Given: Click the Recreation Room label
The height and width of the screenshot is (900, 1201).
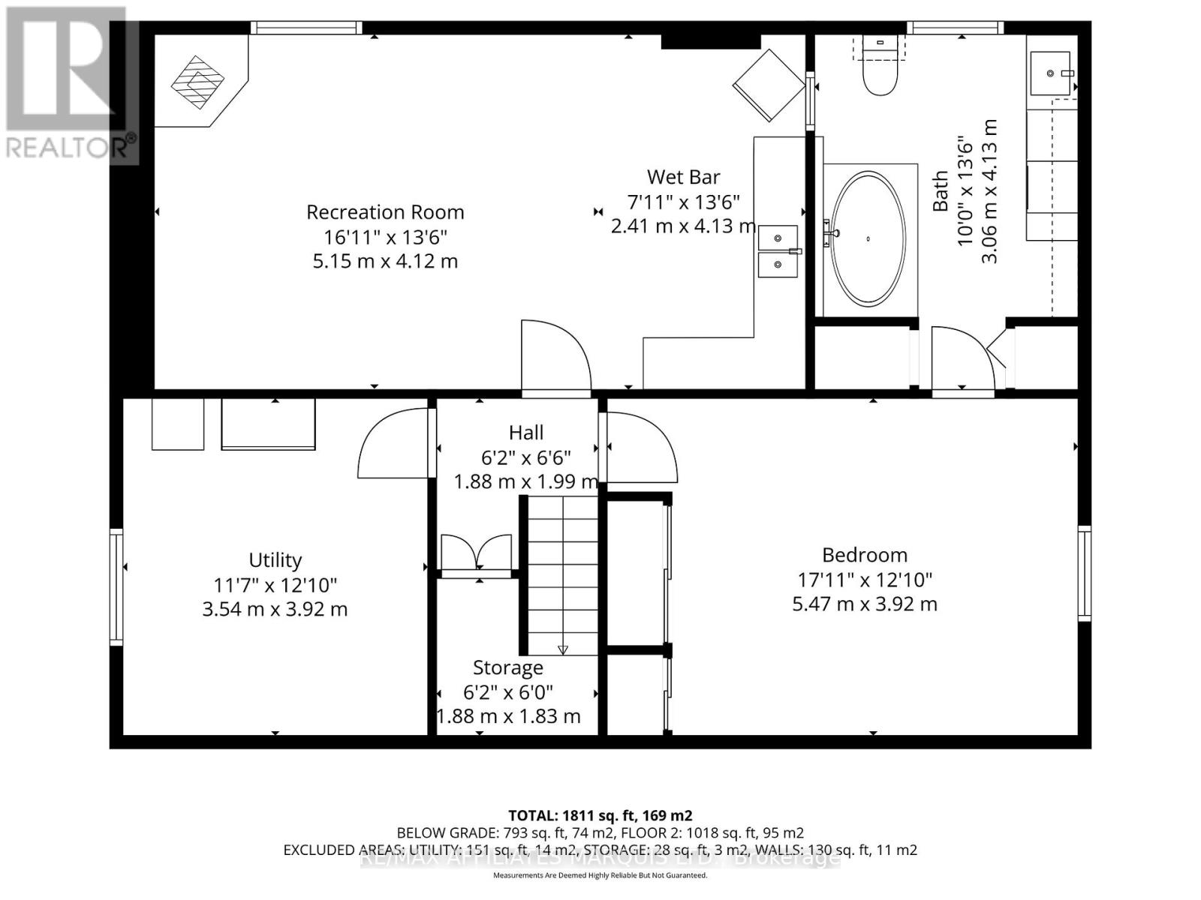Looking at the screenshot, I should tap(385, 212).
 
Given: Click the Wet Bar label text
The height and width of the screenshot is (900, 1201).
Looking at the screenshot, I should tap(683, 177).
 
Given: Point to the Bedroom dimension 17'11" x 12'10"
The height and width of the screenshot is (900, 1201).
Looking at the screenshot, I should tap(865, 580).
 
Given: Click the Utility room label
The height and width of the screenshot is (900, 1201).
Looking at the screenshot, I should tap(275, 560).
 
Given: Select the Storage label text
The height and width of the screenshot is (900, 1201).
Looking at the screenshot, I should tap(507, 667).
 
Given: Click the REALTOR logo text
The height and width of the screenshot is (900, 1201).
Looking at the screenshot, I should tap(71, 145).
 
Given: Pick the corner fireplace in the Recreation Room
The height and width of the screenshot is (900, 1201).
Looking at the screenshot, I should tap(197, 82).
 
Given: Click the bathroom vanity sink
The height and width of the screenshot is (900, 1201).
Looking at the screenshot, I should tap(1052, 73).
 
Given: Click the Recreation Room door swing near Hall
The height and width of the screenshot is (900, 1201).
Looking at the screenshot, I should tap(555, 356).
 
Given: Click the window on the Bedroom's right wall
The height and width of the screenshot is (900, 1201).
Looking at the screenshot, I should tap(1084, 574).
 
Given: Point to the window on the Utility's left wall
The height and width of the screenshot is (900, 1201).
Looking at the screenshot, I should tap(116, 586).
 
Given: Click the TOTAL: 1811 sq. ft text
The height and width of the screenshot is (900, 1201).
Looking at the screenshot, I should tap(600, 815).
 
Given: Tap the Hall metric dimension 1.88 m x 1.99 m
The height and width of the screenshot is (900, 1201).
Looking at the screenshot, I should tap(525, 481).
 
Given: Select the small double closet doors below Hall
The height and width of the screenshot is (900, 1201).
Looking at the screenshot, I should tap(476, 553).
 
